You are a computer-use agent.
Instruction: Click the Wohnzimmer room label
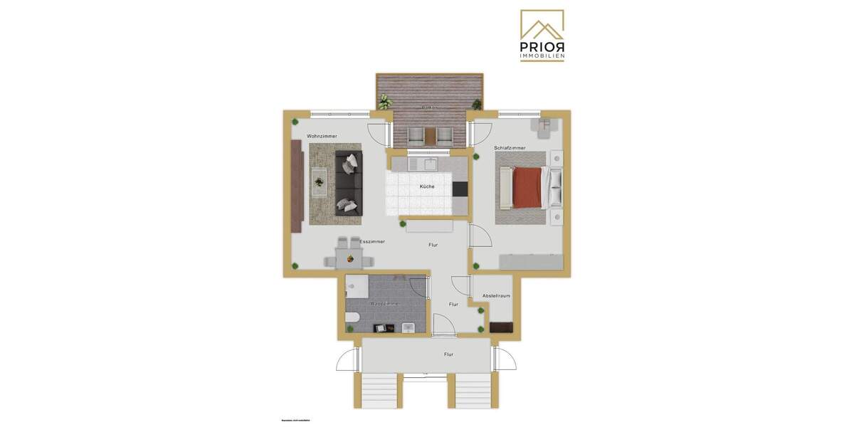322,136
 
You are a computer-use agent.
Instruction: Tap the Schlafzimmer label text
510,148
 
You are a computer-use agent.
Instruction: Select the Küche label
426,186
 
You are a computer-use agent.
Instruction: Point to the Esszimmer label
372,242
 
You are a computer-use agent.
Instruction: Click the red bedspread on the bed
526,186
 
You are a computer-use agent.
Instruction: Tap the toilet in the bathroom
352,317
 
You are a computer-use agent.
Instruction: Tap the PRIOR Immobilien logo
542,36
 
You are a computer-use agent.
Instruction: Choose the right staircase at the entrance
473,391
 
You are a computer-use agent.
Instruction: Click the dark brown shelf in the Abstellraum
500,327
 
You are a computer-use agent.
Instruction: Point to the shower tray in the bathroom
357,287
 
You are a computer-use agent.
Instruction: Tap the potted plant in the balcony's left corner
385,102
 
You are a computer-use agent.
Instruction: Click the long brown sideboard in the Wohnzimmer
296,185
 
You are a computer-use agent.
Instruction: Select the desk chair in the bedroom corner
544,127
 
